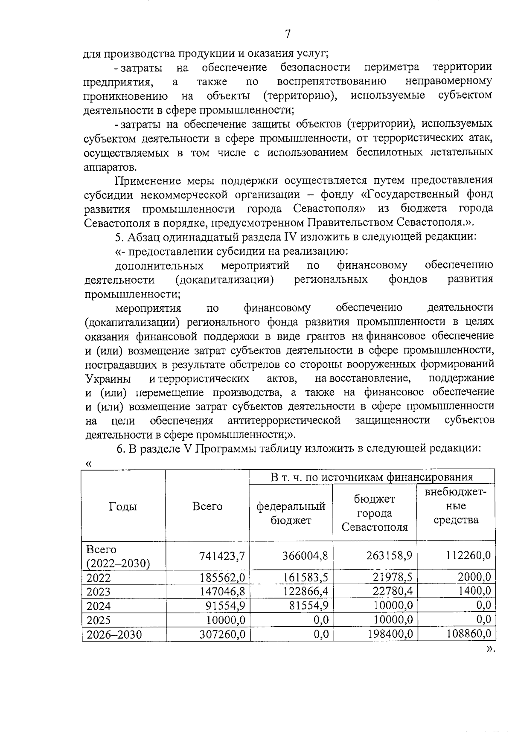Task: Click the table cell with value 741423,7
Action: [222, 556]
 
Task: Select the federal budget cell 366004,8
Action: [305, 555]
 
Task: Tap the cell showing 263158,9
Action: [389, 555]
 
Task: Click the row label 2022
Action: [99, 578]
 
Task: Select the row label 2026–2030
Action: [114, 634]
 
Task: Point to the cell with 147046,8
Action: [222, 591]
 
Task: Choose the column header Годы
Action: [123, 506]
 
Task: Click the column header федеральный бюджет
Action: [291, 513]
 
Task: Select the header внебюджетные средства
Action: [456, 506]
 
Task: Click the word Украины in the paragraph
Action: [108, 379]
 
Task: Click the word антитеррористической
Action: [284, 421]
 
